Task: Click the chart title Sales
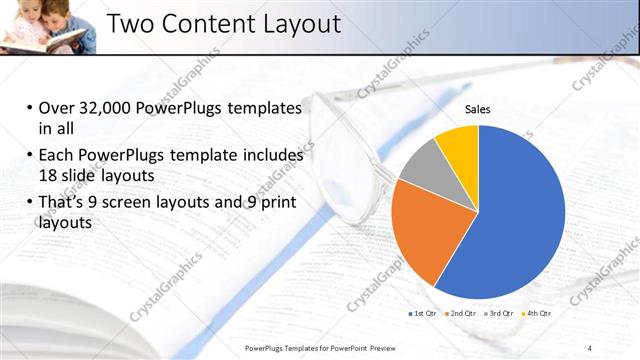pos(479,109)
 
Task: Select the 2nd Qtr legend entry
pos(459,313)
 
